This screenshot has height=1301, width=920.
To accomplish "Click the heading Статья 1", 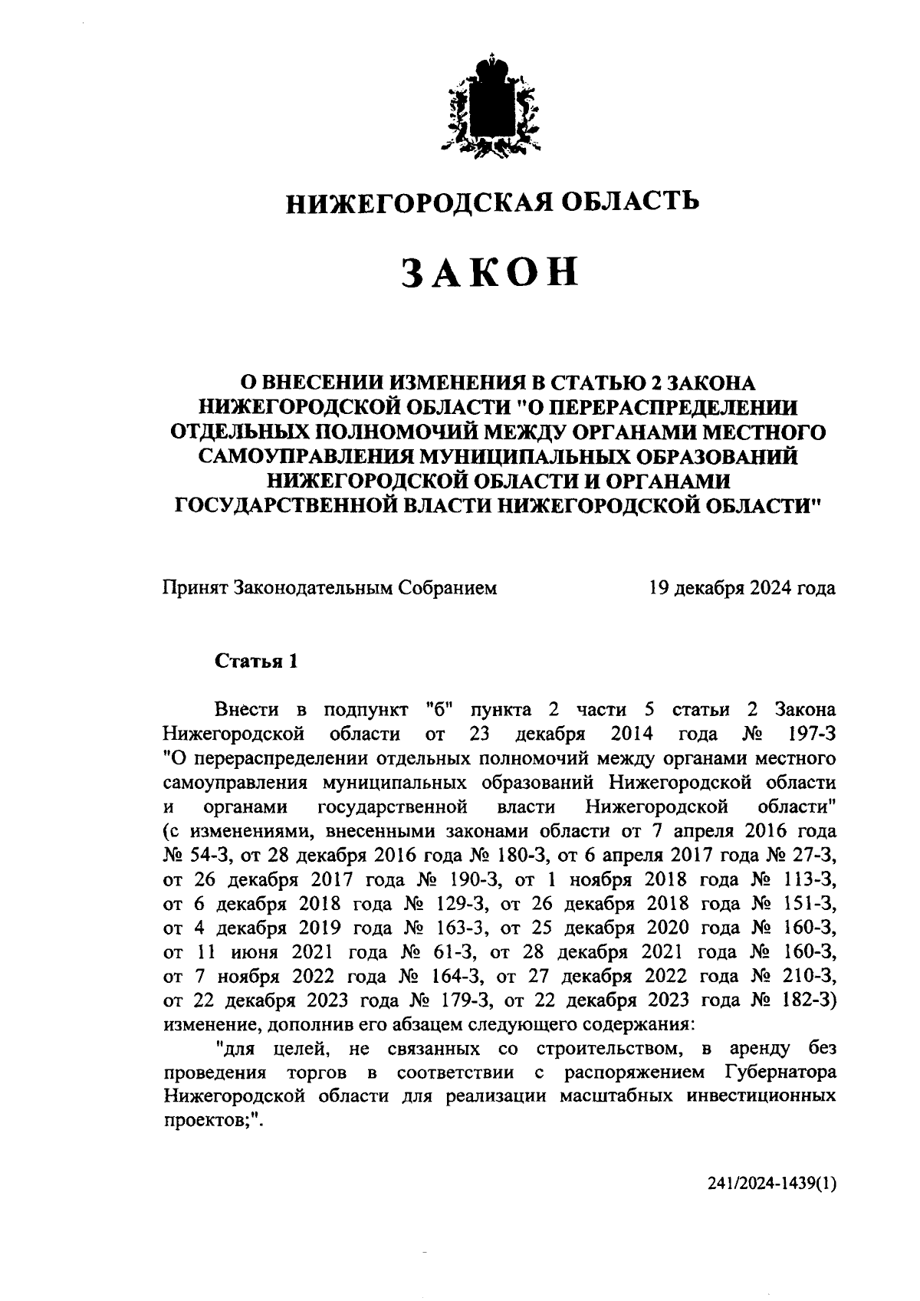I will pyautogui.click(x=255, y=662).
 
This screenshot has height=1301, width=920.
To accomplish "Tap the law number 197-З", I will pyautogui.click(x=812, y=734).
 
